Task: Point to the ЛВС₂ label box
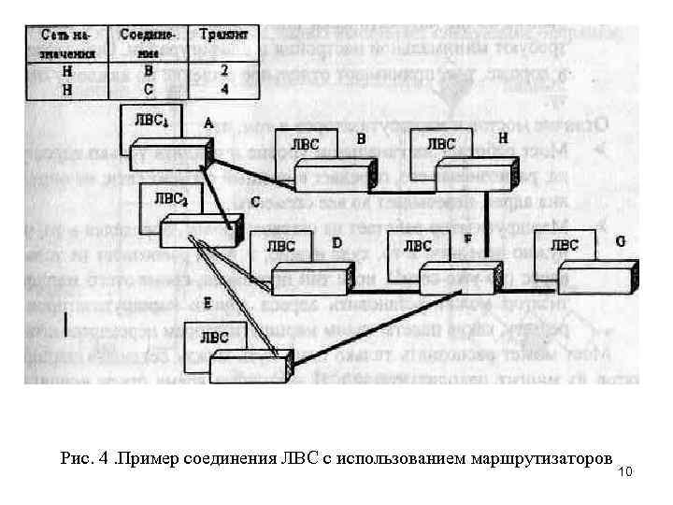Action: coord(171,197)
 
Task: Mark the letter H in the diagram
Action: coord(502,137)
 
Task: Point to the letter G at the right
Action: coord(621,240)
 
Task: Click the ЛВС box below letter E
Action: coord(214,337)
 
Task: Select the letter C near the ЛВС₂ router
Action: coord(255,199)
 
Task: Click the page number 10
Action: coord(626,470)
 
